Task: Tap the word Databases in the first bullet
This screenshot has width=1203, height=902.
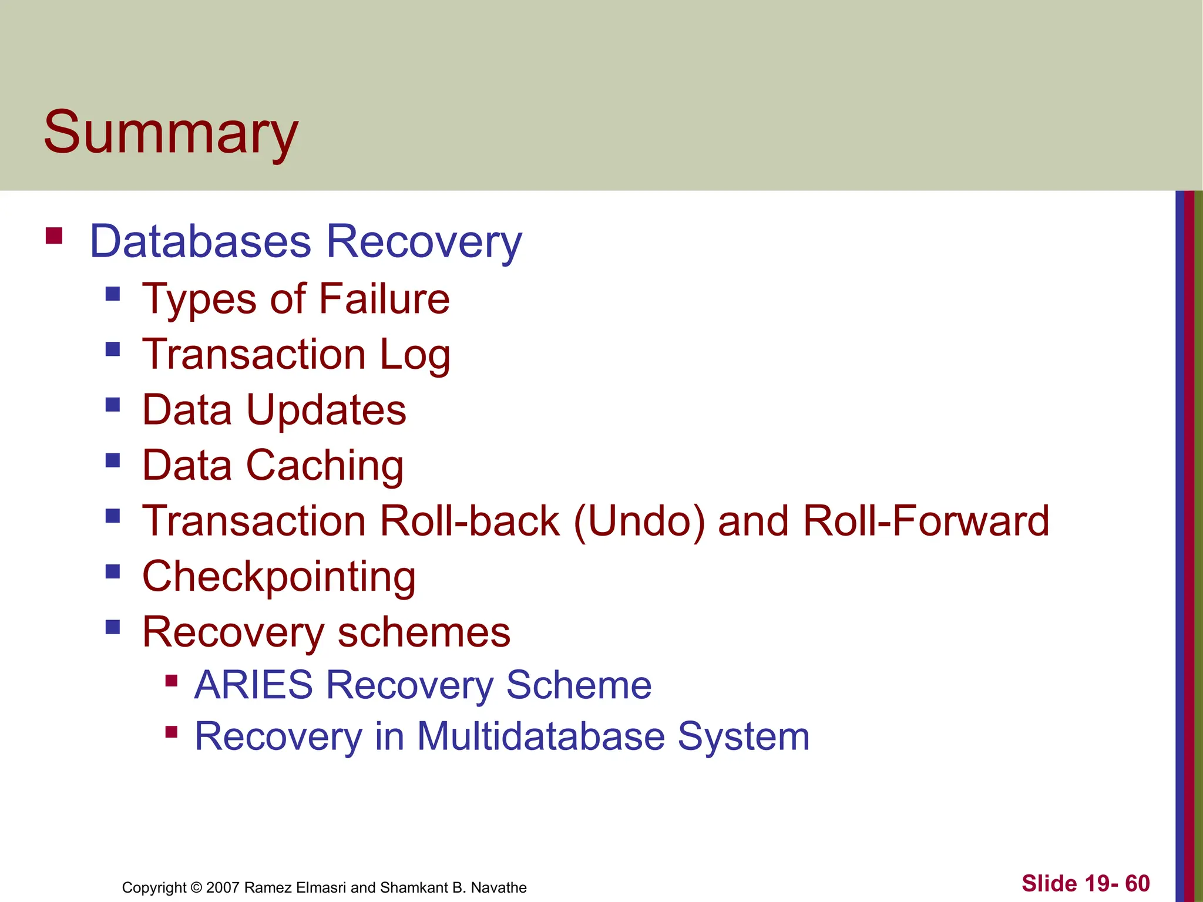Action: pyautogui.click(x=200, y=241)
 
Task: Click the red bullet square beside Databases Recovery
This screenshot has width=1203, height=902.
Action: pyautogui.click(x=54, y=235)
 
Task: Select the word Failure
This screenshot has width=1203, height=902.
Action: pyautogui.click(x=384, y=299)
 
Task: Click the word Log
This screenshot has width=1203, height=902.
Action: pyautogui.click(x=415, y=355)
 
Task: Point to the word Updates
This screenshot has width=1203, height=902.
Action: pyautogui.click(x=326, y=410)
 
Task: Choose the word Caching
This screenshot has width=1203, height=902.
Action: pyautogui.click(x=324, y=466)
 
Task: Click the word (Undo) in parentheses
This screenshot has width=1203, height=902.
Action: pyautogui.click(x=639, y=521)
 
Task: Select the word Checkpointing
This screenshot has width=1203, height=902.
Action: pyautogui.click(x=279, y=577)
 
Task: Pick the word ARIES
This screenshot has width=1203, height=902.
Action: pyautogui.click(x=254, y=685)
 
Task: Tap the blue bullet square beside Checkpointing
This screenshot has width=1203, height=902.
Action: pyautogui.click(x=113, y=571)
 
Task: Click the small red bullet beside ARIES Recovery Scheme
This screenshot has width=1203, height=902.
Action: pyautogui.click(x=172, y=681)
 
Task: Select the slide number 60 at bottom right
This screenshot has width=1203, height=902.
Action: pyautogui.click(x=1137, y=883)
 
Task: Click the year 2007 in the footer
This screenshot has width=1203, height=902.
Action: pyautogui.click(x=223, y=887)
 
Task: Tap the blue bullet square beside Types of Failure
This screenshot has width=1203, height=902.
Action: pyautogui.click(x=113, y=293)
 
